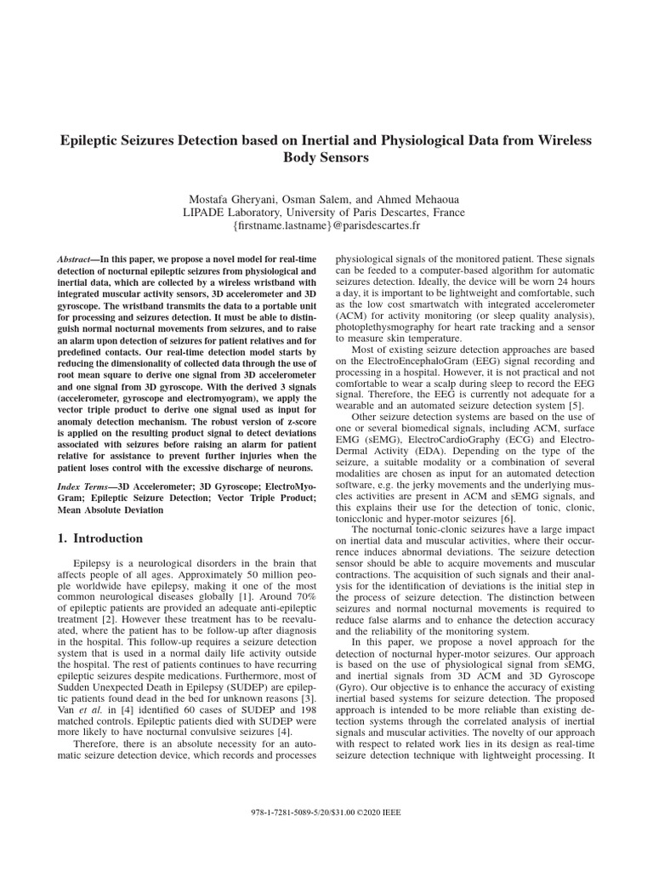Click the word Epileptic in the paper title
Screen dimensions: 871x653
92,139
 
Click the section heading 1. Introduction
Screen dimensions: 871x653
99,538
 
